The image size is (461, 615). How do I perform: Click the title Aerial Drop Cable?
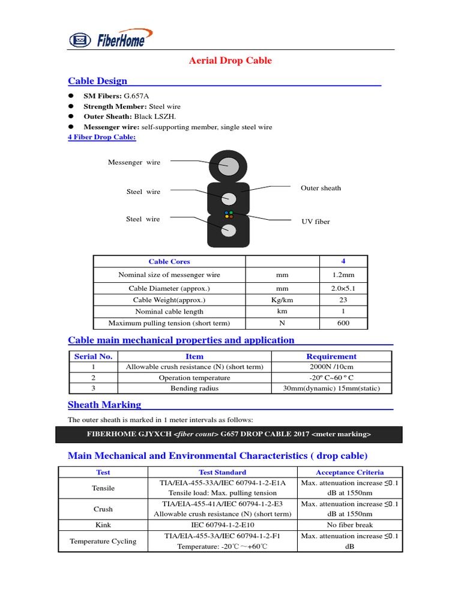[x=230, y=61]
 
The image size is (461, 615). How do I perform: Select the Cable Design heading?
[x=97, y=81]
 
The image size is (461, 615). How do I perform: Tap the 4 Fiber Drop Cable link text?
[x=102, y=138]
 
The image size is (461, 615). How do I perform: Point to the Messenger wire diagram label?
[x=134, y=162]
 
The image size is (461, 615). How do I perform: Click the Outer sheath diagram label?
[x=321, y=188]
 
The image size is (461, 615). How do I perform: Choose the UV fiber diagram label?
[x=315, y=222]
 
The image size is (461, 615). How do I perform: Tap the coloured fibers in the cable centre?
[x=228, y=214]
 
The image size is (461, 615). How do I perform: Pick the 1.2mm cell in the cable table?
[x=343, y=275]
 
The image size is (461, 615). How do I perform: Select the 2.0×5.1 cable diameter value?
[x=343, y=289]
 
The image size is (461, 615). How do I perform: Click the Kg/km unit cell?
[x=282, y=300]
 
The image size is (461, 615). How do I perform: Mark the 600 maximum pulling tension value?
[x=343, y=323]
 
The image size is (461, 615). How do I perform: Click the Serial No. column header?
[x=93, y=356]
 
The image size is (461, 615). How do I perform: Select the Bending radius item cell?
[x=194, y=389]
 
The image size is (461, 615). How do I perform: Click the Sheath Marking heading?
[x=104, y=405]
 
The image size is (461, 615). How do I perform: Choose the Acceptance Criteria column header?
[x=350, y=472]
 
